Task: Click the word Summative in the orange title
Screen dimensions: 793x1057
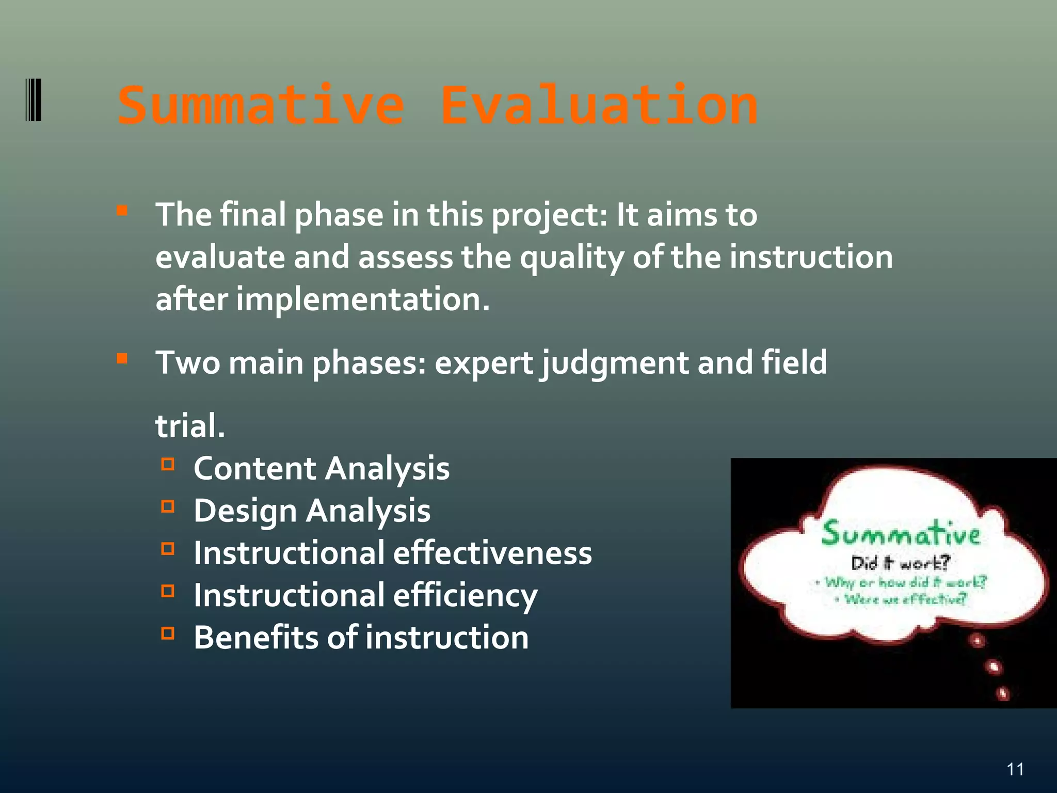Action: click(261, 106)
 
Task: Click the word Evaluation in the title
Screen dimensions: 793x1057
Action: click(599, 106)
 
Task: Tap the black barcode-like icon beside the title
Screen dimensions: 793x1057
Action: click(34, 100)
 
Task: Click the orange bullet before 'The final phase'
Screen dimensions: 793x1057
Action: click(122, 211)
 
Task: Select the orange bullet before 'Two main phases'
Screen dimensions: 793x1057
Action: click(122, 358)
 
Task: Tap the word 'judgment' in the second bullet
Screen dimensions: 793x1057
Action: click(614, 363)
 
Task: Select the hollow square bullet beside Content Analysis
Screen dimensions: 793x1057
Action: click(168, 464)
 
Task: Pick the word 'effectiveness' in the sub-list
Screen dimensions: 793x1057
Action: click(492, 553)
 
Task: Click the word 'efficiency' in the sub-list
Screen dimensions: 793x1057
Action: click(465, 596)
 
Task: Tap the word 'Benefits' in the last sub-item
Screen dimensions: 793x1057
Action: click(256, 638)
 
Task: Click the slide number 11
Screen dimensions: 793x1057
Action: click(1015, 769)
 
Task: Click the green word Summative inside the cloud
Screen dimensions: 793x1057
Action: click(900, 534)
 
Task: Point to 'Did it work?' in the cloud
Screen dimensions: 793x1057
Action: click(900, 563)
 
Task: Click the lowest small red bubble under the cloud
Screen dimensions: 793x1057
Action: click(1002, 693)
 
